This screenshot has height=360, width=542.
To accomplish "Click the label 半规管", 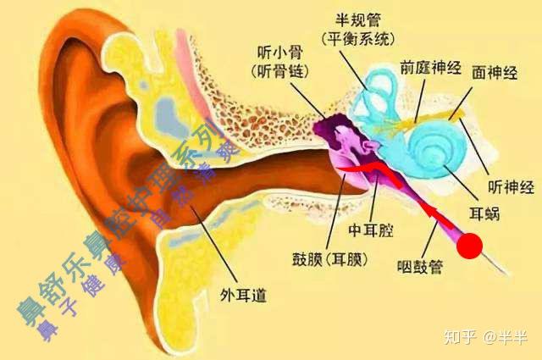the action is (357, 20).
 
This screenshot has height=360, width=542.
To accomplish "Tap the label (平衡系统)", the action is (357, 39).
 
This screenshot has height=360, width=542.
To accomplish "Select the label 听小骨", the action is (280, 53).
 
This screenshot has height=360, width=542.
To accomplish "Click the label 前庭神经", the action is (431, 68).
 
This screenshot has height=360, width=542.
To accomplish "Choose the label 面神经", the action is (495, 73).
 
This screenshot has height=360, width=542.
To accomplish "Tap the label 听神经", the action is (511, 187).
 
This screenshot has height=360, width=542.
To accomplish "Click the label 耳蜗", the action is (484, 213).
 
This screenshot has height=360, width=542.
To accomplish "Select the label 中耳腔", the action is (371, 230).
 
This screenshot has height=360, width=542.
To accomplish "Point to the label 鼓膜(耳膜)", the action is (329, 259).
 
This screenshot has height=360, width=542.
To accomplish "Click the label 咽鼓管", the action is (420, 266).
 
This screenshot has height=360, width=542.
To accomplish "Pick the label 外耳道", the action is (243, 295).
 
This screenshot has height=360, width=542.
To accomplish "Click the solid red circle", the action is (469, 246).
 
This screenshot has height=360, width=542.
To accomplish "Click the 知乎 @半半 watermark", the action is (485, 337).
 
